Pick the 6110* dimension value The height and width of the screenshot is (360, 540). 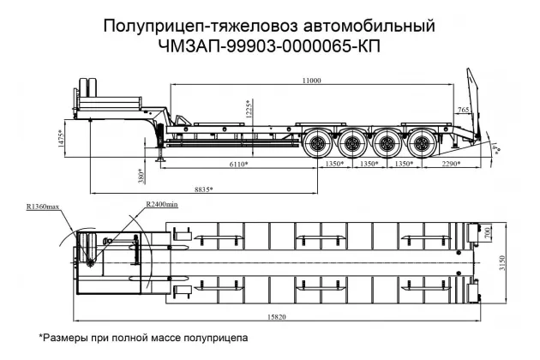[238, 163]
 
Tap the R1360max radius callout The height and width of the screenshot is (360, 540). [42, 207]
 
